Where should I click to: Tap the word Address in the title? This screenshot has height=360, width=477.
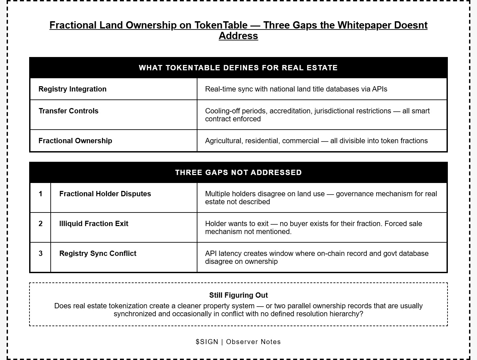(238, 36)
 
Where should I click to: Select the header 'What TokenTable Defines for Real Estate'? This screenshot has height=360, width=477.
(238, 68)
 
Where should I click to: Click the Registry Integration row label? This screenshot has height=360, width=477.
(73, 89)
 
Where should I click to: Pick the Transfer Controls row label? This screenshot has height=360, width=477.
(69, 111)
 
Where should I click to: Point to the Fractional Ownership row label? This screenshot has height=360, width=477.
(75, 141)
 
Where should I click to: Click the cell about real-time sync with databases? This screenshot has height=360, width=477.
(296, 89)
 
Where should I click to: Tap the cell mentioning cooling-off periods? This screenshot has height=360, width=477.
(317, 115)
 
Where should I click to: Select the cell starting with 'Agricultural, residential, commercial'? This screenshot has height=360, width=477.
(316, 141)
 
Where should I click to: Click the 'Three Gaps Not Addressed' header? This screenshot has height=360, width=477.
(238, 172)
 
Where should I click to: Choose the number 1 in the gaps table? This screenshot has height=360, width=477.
(40, 194)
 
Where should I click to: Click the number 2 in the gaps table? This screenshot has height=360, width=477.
(40, 223)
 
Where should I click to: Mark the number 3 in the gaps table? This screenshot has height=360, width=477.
(40, 253)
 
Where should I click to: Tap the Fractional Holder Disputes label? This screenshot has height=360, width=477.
(105, 194)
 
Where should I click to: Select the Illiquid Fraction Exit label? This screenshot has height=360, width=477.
(94, 223)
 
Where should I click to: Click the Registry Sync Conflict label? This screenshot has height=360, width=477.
(98, 253)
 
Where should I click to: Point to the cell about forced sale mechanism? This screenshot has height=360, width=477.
(313, 227)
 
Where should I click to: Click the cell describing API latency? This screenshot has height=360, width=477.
(316, 257)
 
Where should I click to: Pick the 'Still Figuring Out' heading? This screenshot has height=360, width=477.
(238, 295)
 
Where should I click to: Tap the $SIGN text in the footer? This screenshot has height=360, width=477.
(207, 342)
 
